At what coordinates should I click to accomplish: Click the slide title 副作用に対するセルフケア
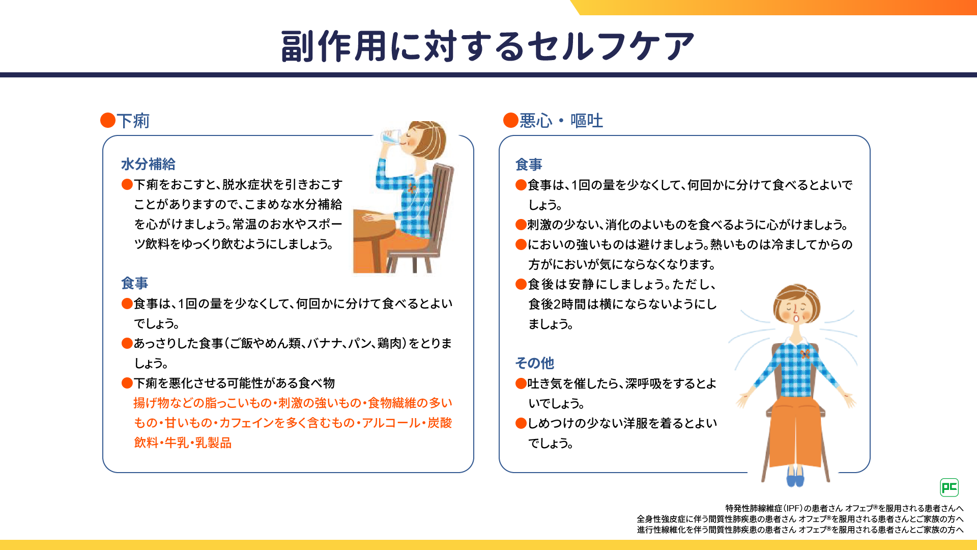coord(487,46)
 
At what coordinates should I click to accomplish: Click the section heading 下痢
coord(133,121)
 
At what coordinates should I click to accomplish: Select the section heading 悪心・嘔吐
coord(561,121)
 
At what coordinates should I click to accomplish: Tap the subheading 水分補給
coord(148,164)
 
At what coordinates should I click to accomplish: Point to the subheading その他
coord(534,363)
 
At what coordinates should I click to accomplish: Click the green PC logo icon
coord(949,487)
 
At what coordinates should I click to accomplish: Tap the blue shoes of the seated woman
coord(795,477)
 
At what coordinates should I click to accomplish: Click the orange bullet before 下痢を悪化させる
coord(127,383)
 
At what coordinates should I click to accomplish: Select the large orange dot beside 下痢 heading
coord(108,120)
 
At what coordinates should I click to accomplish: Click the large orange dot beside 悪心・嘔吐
coord(510,120)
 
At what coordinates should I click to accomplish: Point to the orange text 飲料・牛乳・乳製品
coord(183,443)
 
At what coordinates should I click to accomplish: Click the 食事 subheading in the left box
coord(134,283)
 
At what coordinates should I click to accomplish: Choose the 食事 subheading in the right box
coord(529,164)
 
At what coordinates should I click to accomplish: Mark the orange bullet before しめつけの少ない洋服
coord(521,423)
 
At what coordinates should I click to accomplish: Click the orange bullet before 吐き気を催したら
coord(521,383)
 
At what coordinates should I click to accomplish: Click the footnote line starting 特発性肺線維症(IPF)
coord(844,508)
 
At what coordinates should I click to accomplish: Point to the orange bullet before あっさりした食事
coord(127,343)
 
